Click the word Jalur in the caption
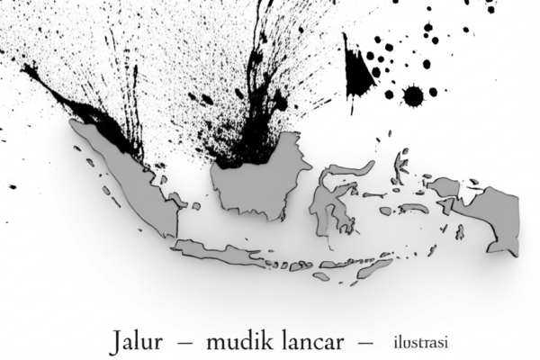(139, 342)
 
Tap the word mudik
(237, 342)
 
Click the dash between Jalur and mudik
(186, 343)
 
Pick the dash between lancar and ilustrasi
(364, 343)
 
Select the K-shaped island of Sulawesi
(333, 202)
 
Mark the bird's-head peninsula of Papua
(445, 187)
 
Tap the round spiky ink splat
(415, 94)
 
